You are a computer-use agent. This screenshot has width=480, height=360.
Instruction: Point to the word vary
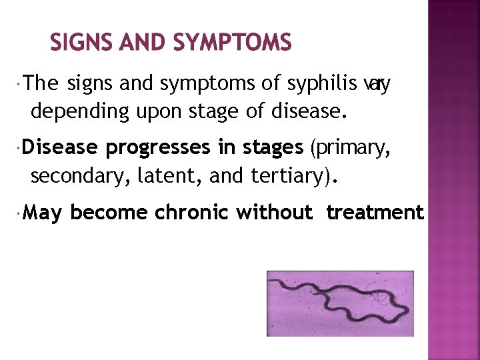(x=377, y=84)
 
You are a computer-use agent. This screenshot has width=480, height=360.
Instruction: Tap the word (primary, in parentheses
(x=349, y=148)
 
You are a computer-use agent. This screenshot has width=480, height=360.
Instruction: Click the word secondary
(x=79, y=176)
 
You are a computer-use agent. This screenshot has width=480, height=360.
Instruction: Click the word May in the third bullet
(x=45, y=213)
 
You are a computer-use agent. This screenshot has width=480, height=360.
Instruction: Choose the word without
(x=274, y=212)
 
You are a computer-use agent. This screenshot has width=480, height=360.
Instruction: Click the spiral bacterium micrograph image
(x=340, y=303)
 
